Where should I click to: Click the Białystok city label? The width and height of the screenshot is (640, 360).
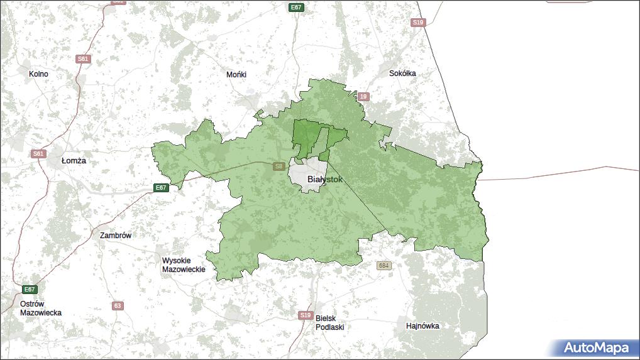tap(325, 179)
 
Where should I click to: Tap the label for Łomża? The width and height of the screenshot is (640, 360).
tap(74, 161)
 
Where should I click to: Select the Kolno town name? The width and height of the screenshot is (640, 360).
tap(38, 74)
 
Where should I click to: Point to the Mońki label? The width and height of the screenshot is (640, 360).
tap(236, 74)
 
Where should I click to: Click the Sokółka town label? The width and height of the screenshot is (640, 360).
tap(402, 73)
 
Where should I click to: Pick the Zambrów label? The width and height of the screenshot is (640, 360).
tap(116, 236)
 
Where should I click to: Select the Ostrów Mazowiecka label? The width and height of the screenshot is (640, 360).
tap(41, 308)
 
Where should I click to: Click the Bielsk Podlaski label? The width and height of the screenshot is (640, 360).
tap(330, 322)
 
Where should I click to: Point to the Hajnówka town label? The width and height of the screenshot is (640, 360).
tap(422, 326)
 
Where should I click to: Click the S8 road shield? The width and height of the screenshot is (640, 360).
tap(279, 166)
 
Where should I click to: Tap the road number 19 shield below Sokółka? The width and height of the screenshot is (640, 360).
tap(363, 97)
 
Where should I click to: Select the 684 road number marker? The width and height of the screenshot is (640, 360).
tap(383, 266)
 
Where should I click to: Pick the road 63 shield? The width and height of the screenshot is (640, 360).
tap(118, 306)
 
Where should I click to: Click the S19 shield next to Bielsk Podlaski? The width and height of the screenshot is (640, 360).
tap(305, 315)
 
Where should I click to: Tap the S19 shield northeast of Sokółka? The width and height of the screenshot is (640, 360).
tap(418, 23)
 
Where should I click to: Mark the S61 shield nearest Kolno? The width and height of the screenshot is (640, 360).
tap(83, 59)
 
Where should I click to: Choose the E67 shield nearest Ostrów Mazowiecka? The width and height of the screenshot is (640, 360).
tap(29, 289)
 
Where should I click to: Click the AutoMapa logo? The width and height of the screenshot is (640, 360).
tap(594, 347)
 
